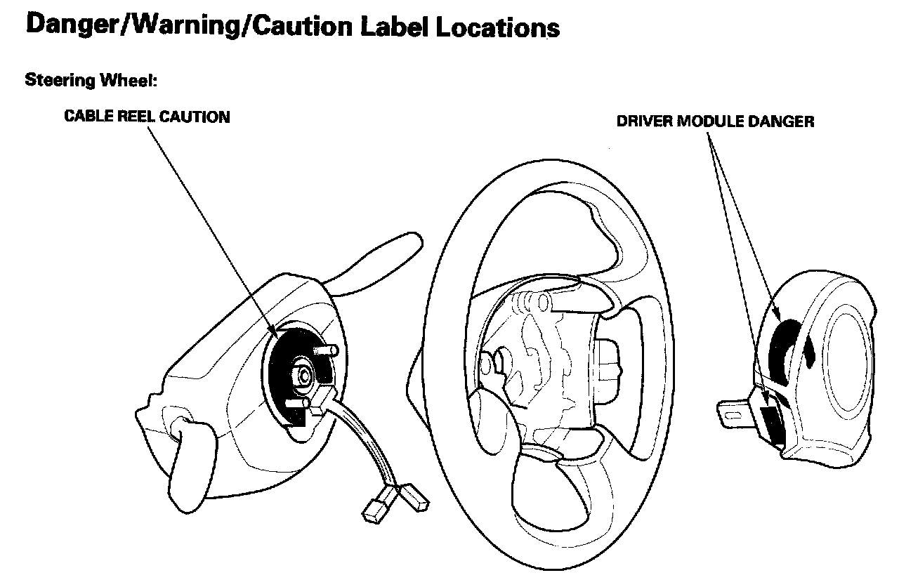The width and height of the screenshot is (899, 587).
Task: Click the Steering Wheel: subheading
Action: coord(91,81)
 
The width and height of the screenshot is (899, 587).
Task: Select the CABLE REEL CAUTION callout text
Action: coord(147,117)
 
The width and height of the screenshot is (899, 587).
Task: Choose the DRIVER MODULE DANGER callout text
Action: coord(715,121)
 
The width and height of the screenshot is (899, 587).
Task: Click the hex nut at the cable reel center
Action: coord(305,374)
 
